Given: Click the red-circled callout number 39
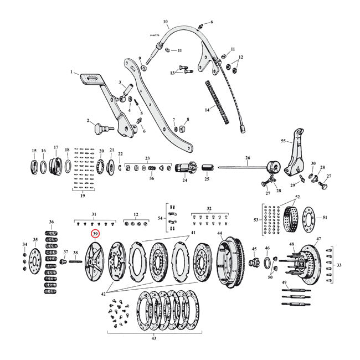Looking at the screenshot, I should pyautogui.click(x=95, y=234).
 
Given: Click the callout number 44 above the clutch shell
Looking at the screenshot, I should pyautogui.click(x=219, y=233).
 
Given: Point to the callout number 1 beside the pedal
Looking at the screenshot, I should pyautogui.click(x=71, y=72).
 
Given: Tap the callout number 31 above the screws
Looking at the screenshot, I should pyautogui.click(x=94, y=214).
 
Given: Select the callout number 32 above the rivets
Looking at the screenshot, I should pyautogui.click(x=208, y=209).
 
